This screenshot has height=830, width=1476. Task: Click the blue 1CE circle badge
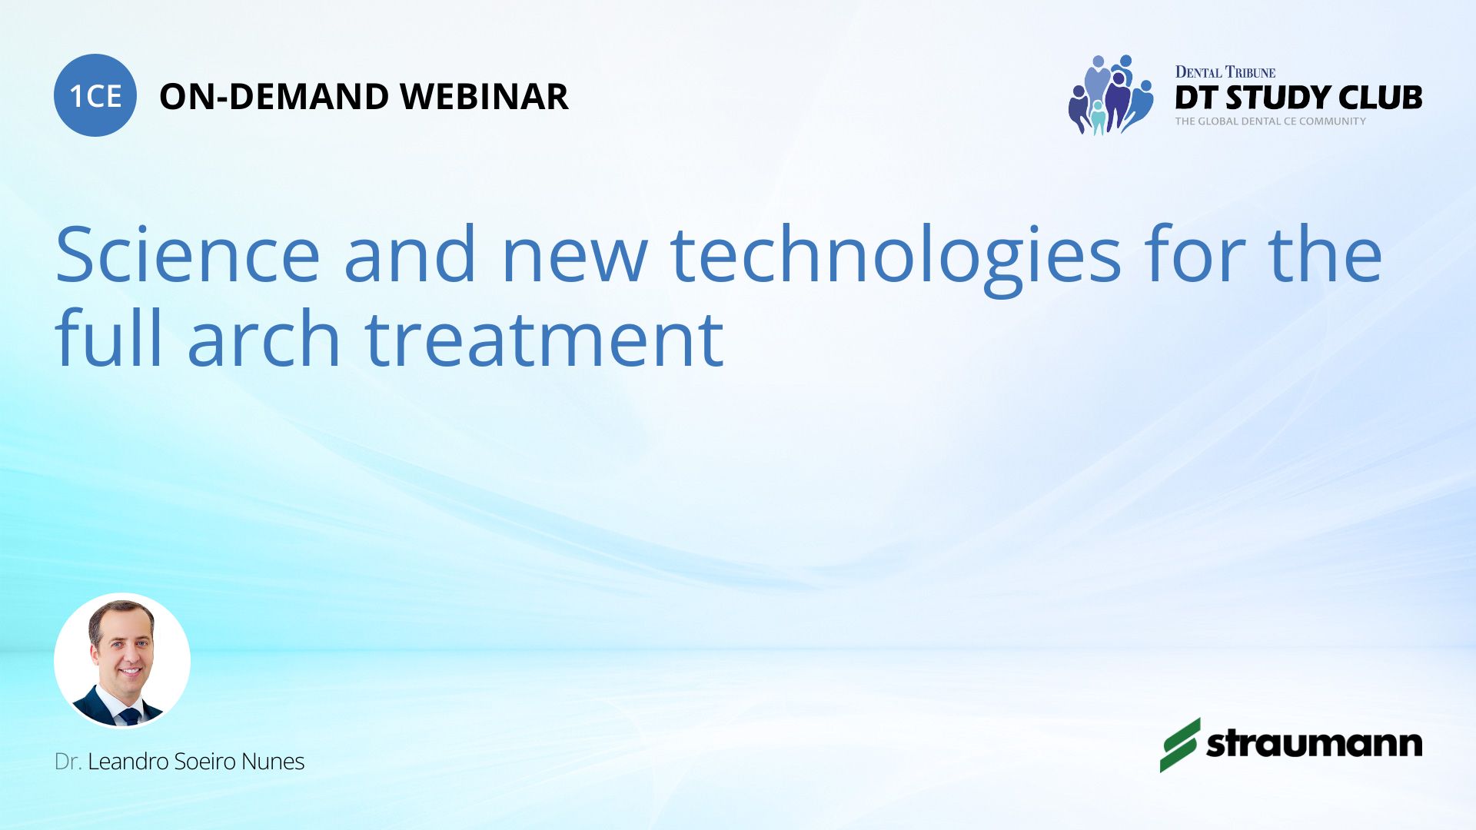coord(95,95)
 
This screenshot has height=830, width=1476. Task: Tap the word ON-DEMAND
coord(274,97)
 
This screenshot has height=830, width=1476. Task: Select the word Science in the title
coord(188,254)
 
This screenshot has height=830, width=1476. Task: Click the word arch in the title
coord(264,338)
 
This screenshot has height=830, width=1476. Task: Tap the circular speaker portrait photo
coord(122,661)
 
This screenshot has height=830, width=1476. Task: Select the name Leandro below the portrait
coord(128,762)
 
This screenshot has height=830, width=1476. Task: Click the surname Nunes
coord(273,762)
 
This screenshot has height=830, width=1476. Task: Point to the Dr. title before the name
coord(68,762)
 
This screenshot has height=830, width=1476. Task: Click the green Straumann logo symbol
coord(1180,745)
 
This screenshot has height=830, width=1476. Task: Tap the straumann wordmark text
coord(1315,744)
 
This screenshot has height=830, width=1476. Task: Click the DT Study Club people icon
coord(1111,95)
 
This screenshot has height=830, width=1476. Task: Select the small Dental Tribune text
coord(1225,72)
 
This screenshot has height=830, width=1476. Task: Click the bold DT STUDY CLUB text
coord(1298,98)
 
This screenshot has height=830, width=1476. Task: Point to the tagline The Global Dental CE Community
coord(1271,121)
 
